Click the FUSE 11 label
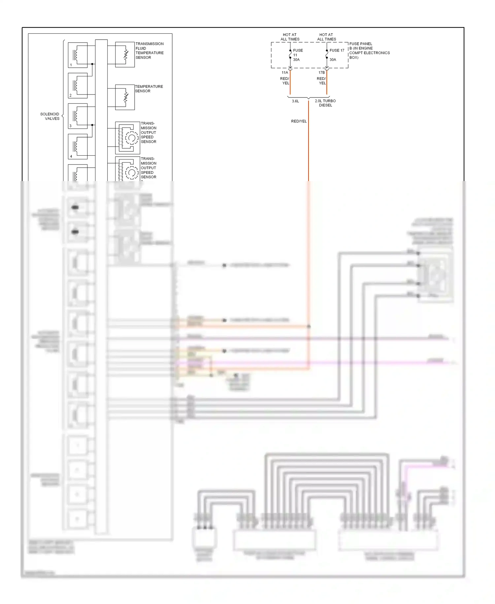297,53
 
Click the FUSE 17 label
337,51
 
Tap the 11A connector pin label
284,72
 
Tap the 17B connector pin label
321,72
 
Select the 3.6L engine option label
295,101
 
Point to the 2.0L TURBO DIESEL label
325,103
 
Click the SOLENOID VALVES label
50,116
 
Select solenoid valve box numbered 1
78,55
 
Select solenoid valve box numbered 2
78,86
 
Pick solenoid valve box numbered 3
78,116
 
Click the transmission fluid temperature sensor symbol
125,55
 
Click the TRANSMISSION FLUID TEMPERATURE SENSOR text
149,51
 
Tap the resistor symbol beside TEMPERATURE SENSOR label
125,97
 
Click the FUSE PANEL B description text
369,51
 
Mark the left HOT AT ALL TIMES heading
290,37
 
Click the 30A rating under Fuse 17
333,60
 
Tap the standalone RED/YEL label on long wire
299,121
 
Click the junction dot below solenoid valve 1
92,64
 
